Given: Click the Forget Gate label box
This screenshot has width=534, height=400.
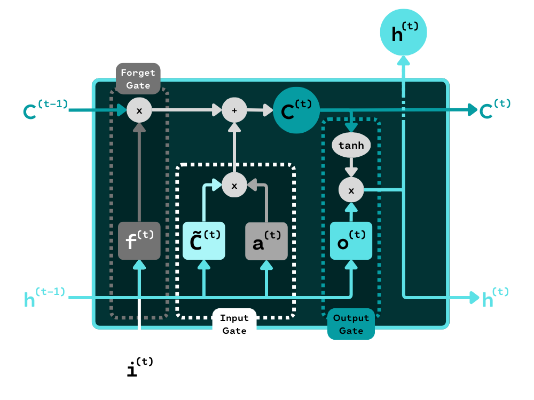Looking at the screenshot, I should click(x=138, y=79).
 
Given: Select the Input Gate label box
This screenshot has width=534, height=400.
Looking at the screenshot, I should click(x=234, y=324).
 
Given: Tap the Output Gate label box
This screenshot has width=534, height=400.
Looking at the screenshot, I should click(x=351, y=324).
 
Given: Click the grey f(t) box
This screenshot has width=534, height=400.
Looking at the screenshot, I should click(x=139, y=241).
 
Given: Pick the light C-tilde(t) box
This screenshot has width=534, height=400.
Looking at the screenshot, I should click(x=203, y=241).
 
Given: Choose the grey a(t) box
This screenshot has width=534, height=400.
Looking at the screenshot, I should click(x=266, y=241).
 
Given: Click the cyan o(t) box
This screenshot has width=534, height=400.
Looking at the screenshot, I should click(x=351, y=241).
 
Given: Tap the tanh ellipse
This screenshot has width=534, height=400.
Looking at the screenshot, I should click(x=351, y=146).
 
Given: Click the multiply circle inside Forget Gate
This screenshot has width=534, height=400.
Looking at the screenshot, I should click(x=139, y=110).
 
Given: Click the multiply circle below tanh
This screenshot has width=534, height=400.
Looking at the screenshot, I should click(x=351, y=189).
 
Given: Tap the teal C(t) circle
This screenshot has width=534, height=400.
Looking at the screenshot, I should click(x=296, y=110).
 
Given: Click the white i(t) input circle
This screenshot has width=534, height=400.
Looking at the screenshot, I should click(x=139, y=368).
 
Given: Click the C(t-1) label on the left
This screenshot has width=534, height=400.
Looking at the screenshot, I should click(x=45, y=110).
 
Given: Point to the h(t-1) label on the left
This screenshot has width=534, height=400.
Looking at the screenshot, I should click(x=45, y=297).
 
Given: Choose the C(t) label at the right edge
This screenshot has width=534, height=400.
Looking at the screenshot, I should click(x=494, y=109).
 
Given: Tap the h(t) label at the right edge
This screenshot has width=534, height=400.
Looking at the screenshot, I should click(x=494, y=297).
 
